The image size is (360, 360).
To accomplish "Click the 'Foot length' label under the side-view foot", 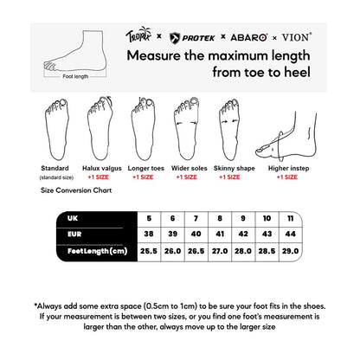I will point(75,76).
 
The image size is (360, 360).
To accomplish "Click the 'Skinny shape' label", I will point(228,169).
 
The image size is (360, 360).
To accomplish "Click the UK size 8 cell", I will point(220,216).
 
